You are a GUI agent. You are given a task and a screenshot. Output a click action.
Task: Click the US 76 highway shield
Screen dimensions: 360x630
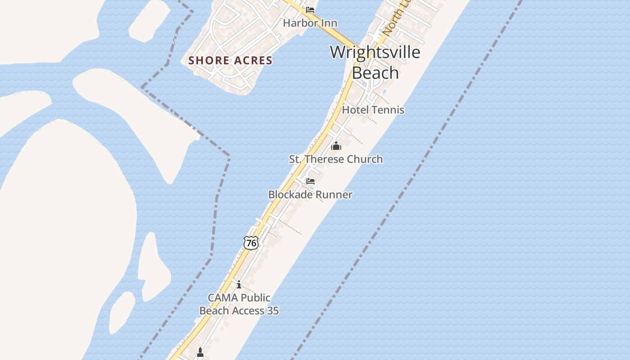(251, 243)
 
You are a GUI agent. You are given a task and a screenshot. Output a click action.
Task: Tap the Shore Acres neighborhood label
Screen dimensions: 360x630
(230, 60)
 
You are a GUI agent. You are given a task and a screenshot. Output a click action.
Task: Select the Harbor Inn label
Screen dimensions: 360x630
(310, 23)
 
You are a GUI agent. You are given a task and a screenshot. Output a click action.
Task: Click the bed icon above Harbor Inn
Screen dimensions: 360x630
(310, 9)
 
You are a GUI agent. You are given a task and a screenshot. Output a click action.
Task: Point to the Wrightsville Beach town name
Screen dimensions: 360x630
(375, 62)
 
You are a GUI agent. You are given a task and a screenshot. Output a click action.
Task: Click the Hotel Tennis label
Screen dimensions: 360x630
(373, 110)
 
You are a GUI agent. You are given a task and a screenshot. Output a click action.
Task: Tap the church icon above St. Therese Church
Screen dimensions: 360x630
(336, 146)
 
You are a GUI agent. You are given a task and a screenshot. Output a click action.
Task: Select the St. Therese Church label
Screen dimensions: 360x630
(336, 159)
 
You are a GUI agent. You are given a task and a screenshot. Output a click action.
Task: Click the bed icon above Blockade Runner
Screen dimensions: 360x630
(310, 181)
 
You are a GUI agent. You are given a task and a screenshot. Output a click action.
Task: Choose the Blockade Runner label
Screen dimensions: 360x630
(310, 194)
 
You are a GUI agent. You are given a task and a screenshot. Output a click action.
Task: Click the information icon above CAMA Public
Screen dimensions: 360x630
(239, 284)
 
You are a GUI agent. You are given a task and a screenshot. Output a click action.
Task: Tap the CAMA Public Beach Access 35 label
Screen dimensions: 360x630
(239, 304)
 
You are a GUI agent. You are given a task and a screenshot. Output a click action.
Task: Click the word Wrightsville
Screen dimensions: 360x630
(375, 52)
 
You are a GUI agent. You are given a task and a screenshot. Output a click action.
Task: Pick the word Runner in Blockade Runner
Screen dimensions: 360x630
(332, 194)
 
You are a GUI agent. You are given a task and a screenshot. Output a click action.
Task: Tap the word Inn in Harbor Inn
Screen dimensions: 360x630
(329, 23)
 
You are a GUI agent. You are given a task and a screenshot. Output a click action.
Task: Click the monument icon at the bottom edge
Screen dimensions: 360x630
(200, 352)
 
